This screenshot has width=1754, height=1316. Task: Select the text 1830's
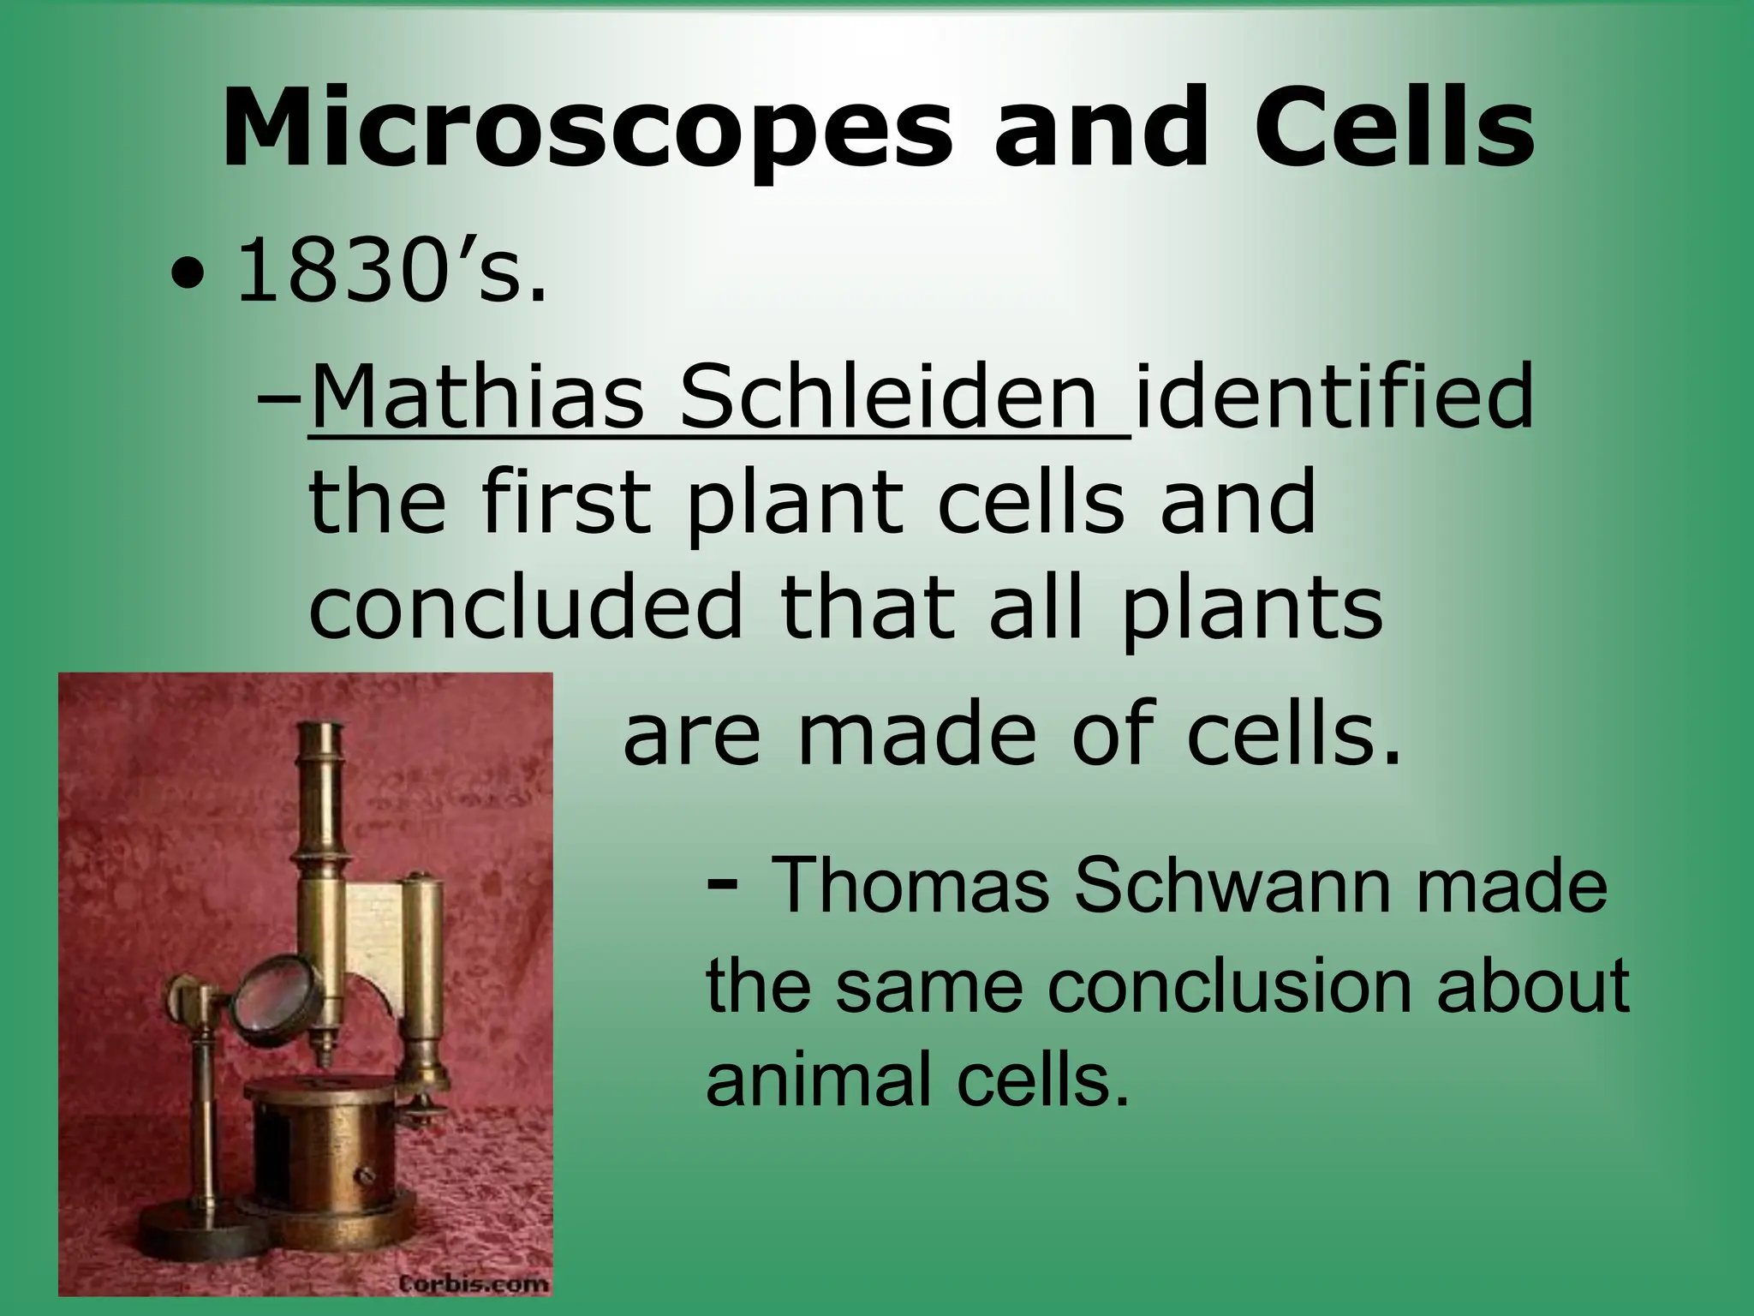[x=390, y=272]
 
